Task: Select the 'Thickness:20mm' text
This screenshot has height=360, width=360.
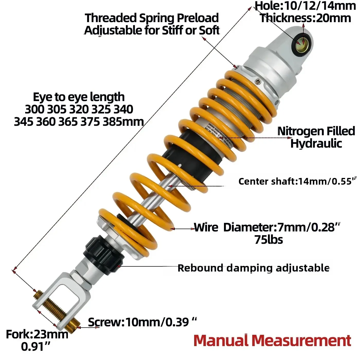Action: (305, 18)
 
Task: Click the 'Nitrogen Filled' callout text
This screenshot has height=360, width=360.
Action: (316, 131)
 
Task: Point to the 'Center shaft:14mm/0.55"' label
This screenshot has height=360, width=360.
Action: (297, 181)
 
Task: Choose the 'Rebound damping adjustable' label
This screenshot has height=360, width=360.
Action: (253, 268)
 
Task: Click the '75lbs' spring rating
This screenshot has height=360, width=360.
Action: (269, 240)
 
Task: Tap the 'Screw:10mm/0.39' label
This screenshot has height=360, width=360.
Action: (142, 322)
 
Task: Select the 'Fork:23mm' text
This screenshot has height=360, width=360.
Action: (37, 335)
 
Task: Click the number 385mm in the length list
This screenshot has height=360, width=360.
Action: (123, 122)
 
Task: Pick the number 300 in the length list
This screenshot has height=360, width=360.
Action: (34, 109)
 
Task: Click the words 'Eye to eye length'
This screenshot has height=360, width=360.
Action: (79, 97)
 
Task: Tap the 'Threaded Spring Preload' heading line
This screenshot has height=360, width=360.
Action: (152, 18)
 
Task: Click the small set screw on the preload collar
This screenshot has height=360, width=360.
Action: (257, 82)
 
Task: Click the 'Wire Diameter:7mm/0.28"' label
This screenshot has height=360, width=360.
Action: (267, 227)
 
